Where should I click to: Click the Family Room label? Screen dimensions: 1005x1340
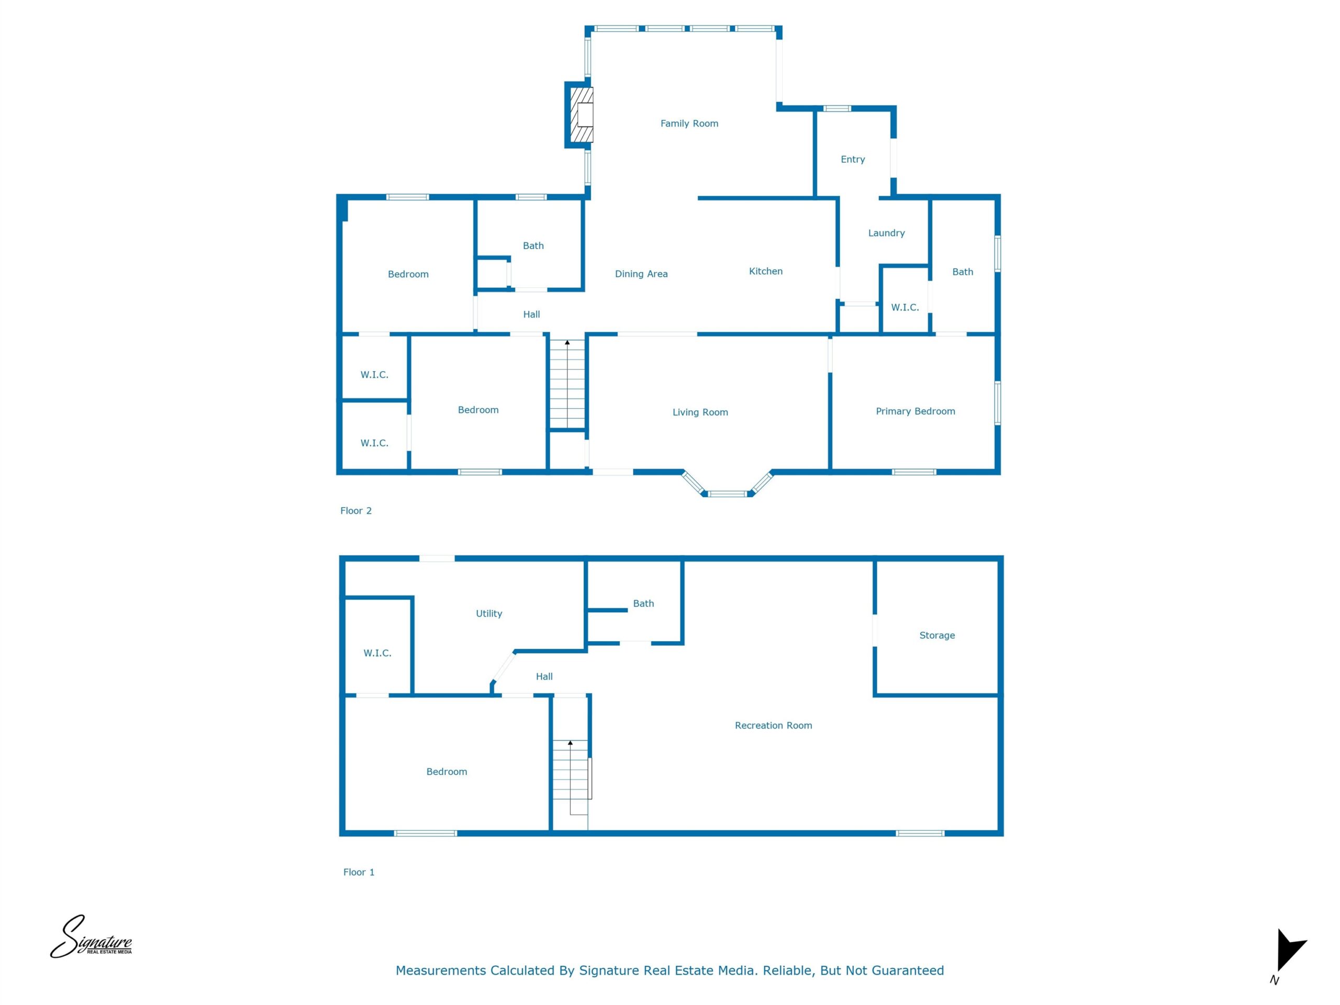coord(689,124)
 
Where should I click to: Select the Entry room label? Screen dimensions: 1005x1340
coord(852,159)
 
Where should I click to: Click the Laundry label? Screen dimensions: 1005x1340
coord(886,233)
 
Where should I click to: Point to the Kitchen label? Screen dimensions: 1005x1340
coord(766,271)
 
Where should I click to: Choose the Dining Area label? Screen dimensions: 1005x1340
coord(641,274)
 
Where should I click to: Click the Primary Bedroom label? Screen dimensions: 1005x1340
coord(915,411)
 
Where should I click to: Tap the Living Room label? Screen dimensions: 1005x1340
coord(700,412)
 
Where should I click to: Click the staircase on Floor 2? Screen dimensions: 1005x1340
coord(567,384)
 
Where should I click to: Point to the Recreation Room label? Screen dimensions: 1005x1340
coord(773,725)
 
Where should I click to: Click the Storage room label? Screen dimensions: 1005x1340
coord(936,635)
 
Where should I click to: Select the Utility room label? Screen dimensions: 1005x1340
coord(489,613)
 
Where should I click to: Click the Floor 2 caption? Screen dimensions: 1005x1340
coord(355,511)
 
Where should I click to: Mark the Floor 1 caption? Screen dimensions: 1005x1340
coord(359,873)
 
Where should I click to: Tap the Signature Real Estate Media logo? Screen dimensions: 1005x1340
coord(91,938)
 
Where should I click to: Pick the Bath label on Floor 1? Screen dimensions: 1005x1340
coord(643,604)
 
